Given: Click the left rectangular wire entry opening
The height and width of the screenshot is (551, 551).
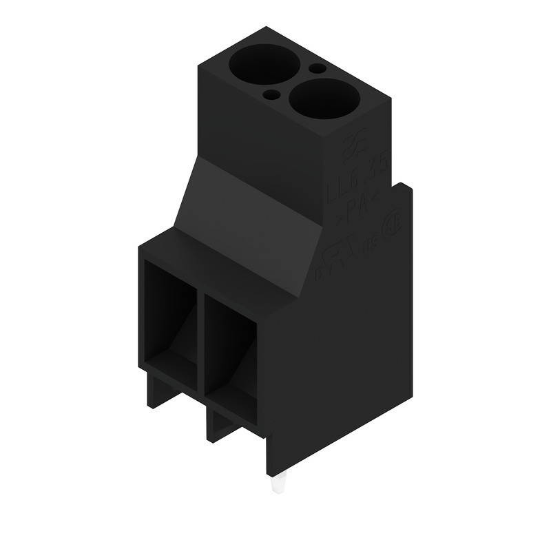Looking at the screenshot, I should coord(169,317).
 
